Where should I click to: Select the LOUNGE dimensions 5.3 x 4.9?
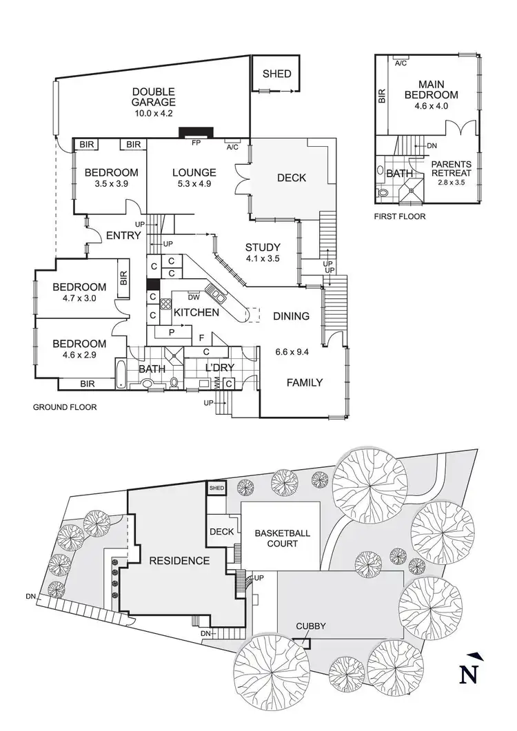pyautogui.click(x=195, y=185)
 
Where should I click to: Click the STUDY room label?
pyautogui.click(x=263, y=248)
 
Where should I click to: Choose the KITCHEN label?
pyautogui.click(x=196, y=313)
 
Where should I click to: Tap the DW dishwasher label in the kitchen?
pyautogui.click(x=194, y=298)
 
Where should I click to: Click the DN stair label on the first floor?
pyautogui.click(x=432, y=146)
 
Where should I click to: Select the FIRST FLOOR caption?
pyautogui.click(x=400, y=216)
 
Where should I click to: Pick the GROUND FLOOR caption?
pyautogui.click(x=65, y=407)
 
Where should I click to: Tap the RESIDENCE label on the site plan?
pyautogui.click(x=179, y=561)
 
